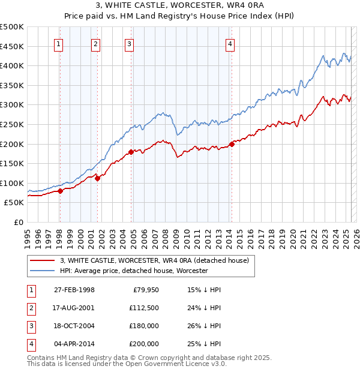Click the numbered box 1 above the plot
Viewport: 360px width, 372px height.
[59, 43]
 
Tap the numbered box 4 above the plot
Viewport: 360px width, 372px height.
[230, 43]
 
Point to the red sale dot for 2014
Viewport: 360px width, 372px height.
[232, 144]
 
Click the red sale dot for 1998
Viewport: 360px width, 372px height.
[60, 191]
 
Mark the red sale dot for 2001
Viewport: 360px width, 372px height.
[97, 178]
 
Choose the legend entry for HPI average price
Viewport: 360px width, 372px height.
[133, 271]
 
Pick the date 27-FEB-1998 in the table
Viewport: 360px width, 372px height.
[74, 290]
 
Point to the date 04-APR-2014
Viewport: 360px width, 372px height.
[74, 344]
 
